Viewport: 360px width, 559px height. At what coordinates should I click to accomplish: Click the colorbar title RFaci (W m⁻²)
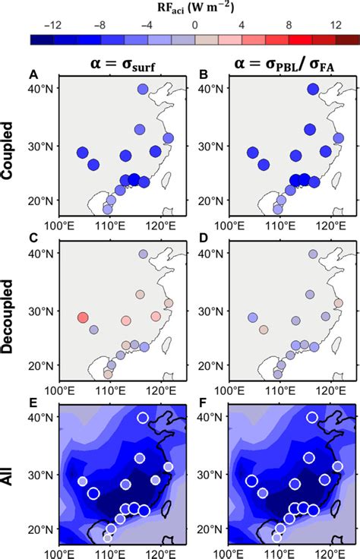(179, 9)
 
